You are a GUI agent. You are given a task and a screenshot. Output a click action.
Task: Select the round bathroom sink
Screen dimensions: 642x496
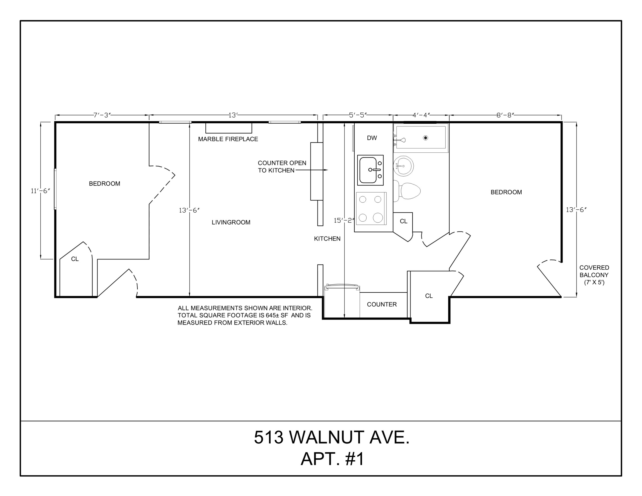[403, 166]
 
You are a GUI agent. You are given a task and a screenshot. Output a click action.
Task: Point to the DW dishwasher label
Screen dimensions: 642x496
[372, 138]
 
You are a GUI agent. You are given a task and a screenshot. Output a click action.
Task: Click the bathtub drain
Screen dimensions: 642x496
[425, 138]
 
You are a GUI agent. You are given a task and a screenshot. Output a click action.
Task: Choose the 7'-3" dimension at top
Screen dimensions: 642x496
[102, 115]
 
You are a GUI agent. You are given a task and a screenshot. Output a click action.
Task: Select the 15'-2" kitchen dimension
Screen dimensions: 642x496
[344, 220]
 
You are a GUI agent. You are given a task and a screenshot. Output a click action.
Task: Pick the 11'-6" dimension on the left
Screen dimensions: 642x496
[41, 191]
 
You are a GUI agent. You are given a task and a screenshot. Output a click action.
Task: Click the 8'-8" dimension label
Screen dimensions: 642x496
[505, 115]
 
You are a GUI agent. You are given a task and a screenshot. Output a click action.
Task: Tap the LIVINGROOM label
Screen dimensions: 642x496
[231, 222]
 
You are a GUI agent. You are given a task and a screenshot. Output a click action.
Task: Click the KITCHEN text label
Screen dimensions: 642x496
[327, 239]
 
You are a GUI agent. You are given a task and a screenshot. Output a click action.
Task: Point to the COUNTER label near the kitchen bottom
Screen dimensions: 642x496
[382, 304]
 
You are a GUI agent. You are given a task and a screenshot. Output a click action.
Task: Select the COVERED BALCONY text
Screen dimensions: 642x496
[594, 271]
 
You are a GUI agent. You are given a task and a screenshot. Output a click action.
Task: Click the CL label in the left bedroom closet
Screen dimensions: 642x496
[75, 259]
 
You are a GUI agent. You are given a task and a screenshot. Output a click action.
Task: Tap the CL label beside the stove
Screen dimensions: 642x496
[404, 221]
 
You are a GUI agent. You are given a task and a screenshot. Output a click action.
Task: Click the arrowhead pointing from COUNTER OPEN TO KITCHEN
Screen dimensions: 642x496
[326, 170]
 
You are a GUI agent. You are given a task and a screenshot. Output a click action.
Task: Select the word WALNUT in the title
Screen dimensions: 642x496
[327, 437]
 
